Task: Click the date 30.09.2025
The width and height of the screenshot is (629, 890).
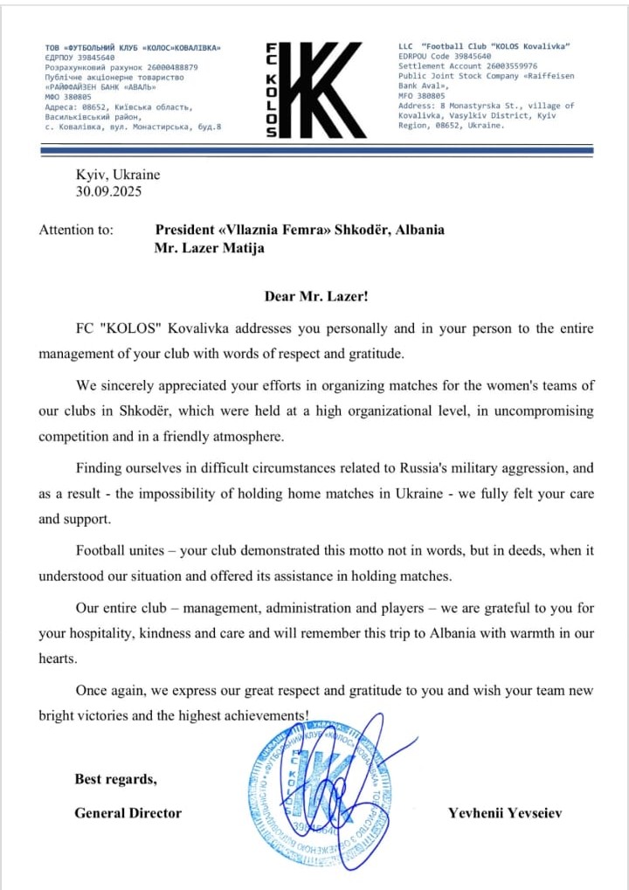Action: point(108,191)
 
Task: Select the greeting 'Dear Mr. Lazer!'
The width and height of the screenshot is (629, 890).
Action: point(315,296)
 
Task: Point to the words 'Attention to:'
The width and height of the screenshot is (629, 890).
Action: point(76,231)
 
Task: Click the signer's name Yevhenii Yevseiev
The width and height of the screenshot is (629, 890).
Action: point(505,813)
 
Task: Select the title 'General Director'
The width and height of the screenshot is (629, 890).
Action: point(128,813)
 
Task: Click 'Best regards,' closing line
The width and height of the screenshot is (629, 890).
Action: point(115,779)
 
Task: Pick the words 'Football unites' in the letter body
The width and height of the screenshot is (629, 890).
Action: point(120,552)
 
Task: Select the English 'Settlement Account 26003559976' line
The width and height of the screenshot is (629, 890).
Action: point(467,66)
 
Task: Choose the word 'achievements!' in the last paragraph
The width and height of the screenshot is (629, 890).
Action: point(266,714)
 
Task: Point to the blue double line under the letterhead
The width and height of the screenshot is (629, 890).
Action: point(315,151)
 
